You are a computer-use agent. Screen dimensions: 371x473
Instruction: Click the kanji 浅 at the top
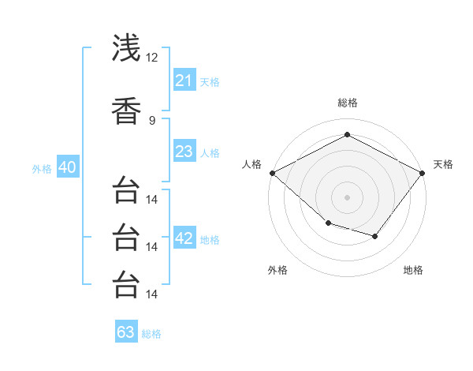(x=126, y=47)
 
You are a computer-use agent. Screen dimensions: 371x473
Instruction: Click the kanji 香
(x=126, y=111)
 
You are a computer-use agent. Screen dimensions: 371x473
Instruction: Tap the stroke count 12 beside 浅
(x=152, y=58)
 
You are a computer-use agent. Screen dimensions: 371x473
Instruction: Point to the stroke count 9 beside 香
(x=152, y=120)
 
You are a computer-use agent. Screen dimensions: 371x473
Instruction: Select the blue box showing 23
(x=184, y=152)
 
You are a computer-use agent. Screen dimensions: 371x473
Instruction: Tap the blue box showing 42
(x=184, y=238)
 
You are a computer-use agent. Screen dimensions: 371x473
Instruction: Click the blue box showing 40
(x=67, y=167)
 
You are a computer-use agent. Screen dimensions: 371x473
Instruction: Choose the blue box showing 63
(x=126, y=332)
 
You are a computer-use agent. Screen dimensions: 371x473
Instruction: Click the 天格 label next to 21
(x=210, y=81)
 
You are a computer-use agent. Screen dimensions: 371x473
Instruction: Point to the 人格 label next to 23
(x=210, y=152)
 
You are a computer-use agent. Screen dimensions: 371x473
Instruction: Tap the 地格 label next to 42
(x=210, y=240)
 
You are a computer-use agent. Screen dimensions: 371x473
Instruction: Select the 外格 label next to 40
(x=42, y=168)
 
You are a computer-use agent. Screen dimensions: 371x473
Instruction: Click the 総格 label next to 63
(x=151, y=334)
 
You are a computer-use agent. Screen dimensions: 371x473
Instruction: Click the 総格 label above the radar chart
(x=347, y=103)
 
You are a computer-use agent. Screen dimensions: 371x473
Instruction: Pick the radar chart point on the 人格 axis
(x=272, y=173)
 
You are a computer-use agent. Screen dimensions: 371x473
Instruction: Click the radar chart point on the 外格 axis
(x=328, y=223)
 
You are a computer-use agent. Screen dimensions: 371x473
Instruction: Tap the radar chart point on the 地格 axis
(x=375, y=236)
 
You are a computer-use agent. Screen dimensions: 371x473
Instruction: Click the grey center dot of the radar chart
(x=347, y=197)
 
